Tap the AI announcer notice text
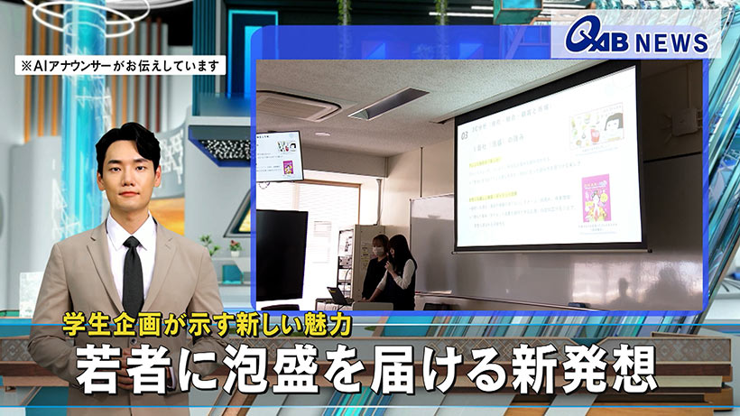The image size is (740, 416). [x=118, y=65]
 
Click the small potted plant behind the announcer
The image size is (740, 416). [x=209, y=245]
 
